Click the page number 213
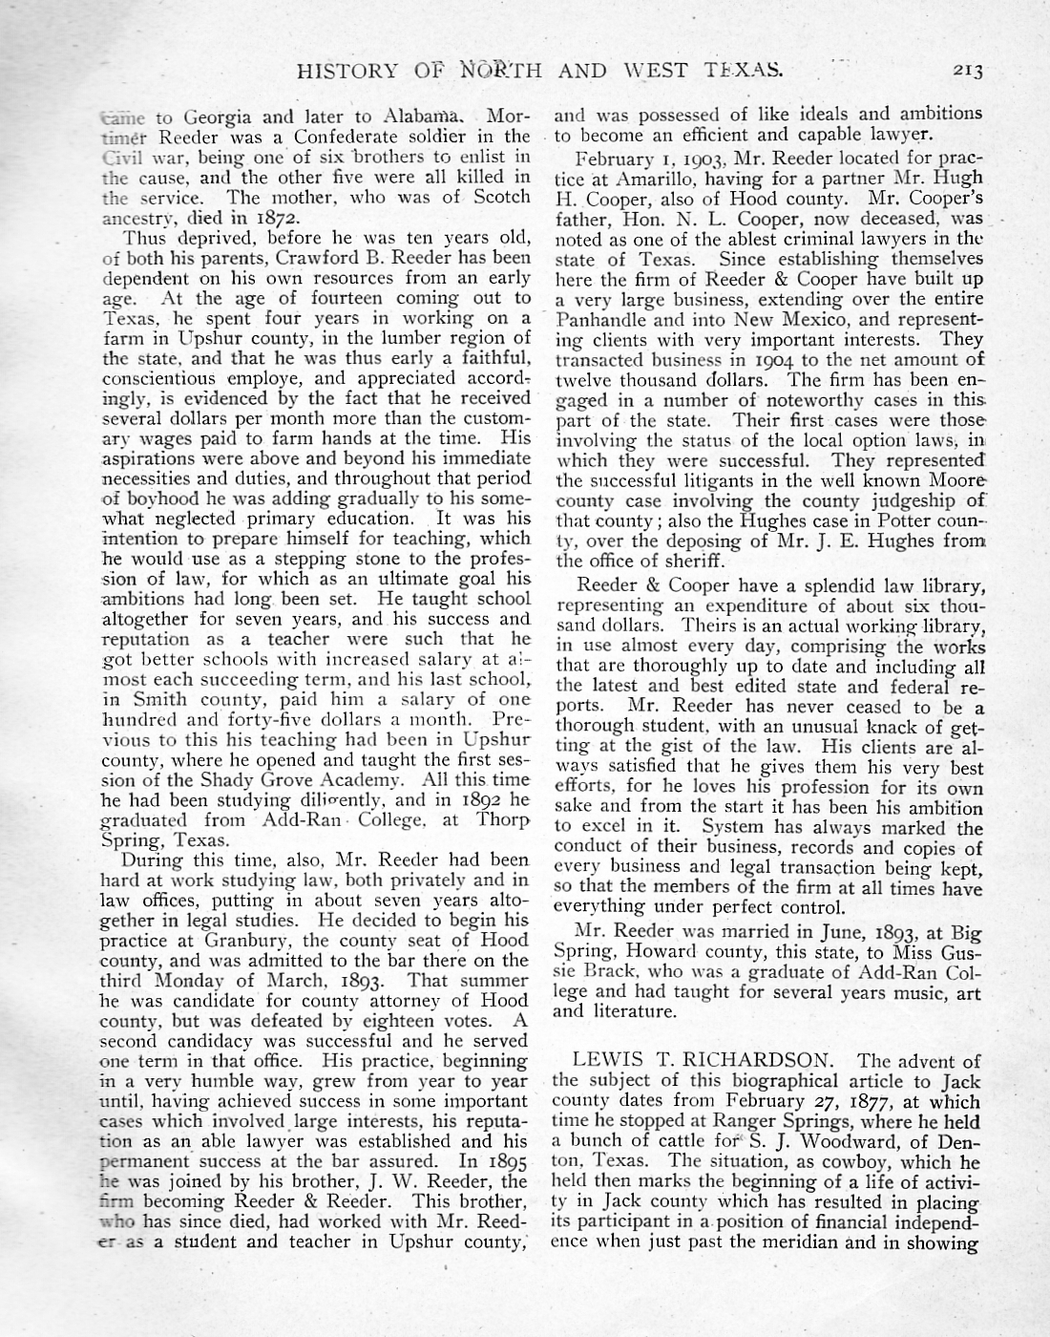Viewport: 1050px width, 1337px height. (966, 70)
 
